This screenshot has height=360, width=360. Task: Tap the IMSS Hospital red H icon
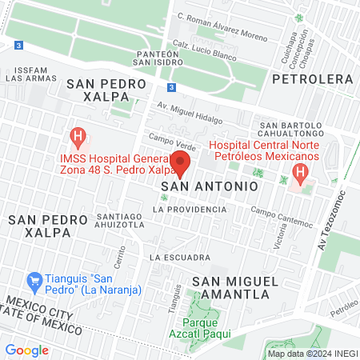[78, 136]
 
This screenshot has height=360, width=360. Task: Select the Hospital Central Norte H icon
[300, 173]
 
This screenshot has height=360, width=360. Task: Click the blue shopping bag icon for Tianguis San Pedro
[34, 280]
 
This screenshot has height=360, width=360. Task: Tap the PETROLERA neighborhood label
[311, 79]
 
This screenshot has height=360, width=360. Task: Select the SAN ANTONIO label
[209, 185]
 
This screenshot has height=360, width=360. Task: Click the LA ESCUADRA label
[179, 257]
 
